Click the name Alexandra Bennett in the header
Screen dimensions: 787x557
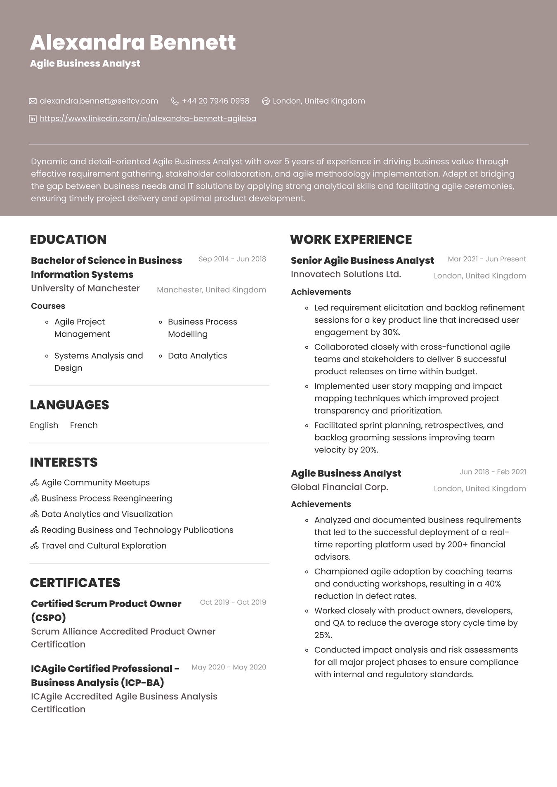(x=132, y=43)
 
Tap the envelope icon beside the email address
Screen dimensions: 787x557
(x=33, y=101)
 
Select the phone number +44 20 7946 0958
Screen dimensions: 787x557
(x=215, y=101)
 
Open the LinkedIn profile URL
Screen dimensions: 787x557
(x=148, y=119)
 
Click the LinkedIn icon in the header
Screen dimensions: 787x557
(x=33, y=119)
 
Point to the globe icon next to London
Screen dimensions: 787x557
(x=266, y=101)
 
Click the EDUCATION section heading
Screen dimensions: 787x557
(x=68, y=239)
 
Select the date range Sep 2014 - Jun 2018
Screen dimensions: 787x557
(x=232, y=259)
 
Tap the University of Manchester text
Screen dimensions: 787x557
(x=85, y=288)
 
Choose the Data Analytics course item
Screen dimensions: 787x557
(x=197, y=356)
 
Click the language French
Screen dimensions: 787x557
(x=84, y=425)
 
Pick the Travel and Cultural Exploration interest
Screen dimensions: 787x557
(x=104, y=546)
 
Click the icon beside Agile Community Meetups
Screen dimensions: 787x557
(x=34, y=483)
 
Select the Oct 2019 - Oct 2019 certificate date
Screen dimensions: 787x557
(x=233, y=603)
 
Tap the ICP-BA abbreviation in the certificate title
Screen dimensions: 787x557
(x=142, y=683)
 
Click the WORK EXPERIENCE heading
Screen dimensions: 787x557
(x=351, y=239)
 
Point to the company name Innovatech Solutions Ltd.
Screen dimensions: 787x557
(x=346, y=274)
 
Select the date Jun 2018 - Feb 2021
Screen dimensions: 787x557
(x=493, y=472)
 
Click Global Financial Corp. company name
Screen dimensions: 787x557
(x=339, y=487)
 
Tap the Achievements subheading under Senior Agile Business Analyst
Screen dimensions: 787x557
(x=321, y=292)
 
